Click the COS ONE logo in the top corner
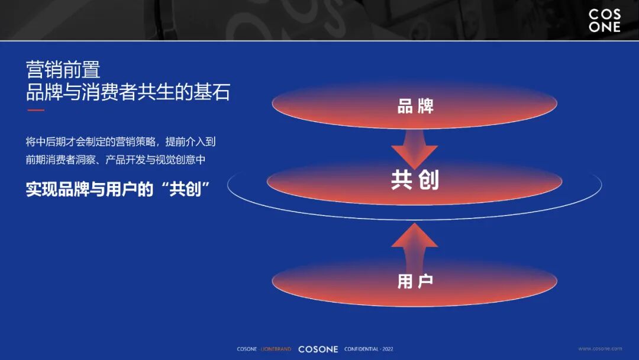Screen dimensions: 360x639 pos(604,21)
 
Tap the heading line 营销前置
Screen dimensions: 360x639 pos(63,70)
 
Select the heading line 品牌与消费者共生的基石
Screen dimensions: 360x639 pos(128,92)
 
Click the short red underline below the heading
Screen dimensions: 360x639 pos(35,110)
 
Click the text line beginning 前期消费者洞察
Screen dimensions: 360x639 pos(115,160)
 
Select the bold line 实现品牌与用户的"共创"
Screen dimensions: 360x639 pos(119,189)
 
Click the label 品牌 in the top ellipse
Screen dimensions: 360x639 pos(415,106)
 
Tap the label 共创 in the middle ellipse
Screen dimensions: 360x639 pos(415,180)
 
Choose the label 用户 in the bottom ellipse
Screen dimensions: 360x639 pos(415,281)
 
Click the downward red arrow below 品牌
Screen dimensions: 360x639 pos(414,153)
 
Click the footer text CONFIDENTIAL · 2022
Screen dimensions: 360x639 pos(369,349)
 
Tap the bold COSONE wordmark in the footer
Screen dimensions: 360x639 pos(318,349)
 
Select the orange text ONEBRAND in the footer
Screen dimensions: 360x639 pos(277,349)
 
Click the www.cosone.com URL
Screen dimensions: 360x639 pos(600,349)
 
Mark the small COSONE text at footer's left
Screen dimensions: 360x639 pos(247,349)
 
